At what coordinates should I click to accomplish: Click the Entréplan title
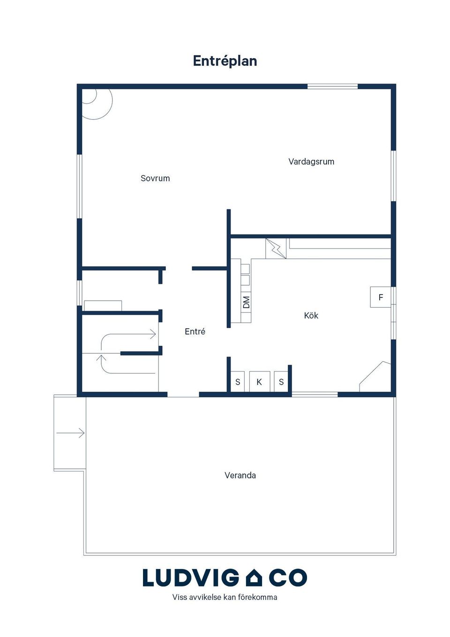tap(225, 61)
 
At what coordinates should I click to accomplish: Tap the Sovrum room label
tap(155, 178)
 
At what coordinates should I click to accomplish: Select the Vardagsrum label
tap(311, 161)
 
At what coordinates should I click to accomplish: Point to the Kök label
tap(311, 315)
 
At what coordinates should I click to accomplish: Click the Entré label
tap(195, 331)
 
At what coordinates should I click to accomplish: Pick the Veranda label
tap(240, 475)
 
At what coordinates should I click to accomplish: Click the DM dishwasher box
tap(246, 302)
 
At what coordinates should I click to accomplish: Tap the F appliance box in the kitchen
tap(381, 297)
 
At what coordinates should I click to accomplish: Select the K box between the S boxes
tap(260, 382)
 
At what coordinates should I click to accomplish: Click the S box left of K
tap(238, 382)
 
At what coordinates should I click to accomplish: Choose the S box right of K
tap(281, 382)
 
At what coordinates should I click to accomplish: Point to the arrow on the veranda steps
tap(70, 433)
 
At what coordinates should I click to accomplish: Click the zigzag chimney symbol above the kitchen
tap(276, 249)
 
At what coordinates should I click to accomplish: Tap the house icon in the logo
tap(254, 577)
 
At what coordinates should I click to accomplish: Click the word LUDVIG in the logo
tap(191, 577)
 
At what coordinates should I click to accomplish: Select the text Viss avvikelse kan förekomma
tap(225, 598)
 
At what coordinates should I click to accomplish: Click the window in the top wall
tap(333, 86)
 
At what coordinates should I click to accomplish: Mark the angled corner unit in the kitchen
tap(375, 377)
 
